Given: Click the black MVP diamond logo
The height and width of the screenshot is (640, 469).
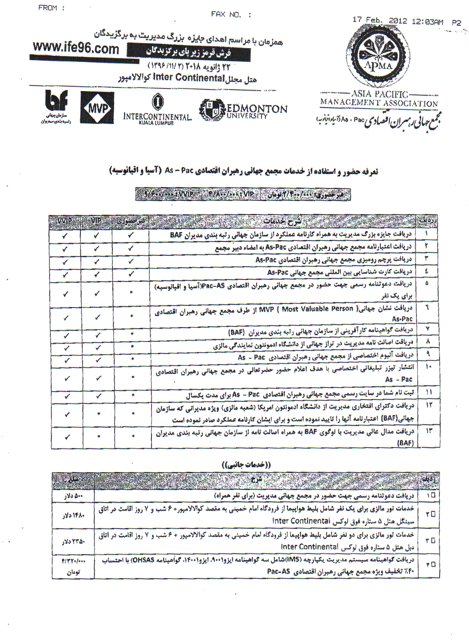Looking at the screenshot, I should click(x=97, y=108).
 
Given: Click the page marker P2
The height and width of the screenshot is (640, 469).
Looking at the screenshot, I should click(x=457, y=22).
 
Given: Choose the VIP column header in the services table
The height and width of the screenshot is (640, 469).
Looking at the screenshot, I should click(x=96, y=221).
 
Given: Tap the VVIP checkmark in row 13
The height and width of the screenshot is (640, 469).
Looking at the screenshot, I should click(x=67, y=437).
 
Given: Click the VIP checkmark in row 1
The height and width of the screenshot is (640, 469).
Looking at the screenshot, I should click(x=96, y=236).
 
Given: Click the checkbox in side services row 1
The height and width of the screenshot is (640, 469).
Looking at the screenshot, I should click(x=433, y=495).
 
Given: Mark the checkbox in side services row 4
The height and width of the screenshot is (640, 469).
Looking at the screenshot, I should click(x=433, y=564).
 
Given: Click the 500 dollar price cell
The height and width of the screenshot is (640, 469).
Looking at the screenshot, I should click(x=73, y=496).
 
